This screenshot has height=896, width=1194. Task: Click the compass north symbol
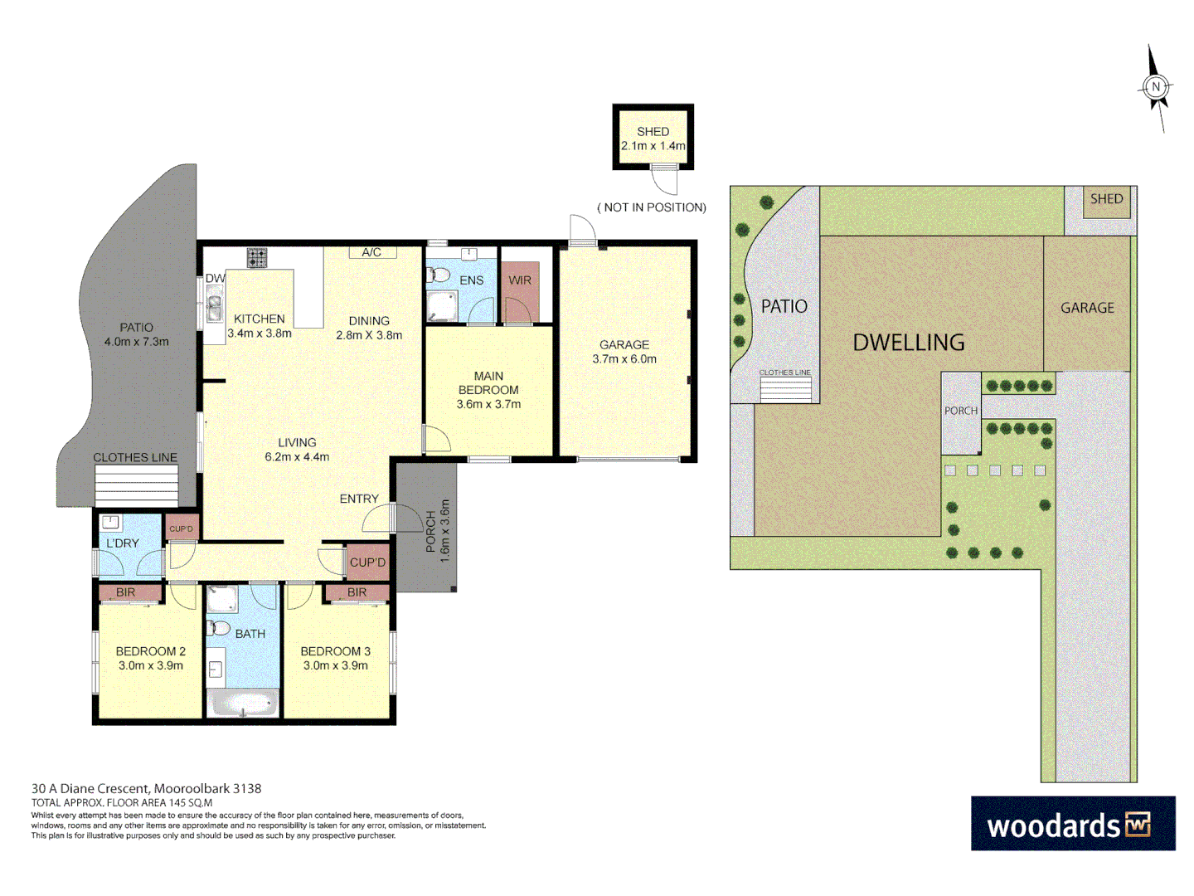[x=1156, y=87]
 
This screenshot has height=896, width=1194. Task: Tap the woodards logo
[x=1072, y=824]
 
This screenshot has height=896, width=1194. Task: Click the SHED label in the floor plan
[x=653, y=131]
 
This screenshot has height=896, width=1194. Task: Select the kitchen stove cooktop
[x=257, y=258]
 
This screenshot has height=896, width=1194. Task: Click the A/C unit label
[x=371, y=252]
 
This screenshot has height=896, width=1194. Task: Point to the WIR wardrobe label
[x=520, y=280]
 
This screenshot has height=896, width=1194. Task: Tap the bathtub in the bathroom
[x=243, y=704]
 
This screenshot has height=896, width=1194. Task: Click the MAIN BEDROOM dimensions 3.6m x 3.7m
[x=488, y=404]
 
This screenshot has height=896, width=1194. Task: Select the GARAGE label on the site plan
[x=1087, y=308]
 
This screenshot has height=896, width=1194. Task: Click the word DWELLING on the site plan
[x=909, y=342]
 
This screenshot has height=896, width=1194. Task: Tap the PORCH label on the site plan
[x=961, y=411]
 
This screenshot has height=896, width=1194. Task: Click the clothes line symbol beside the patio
[x=137, y=485]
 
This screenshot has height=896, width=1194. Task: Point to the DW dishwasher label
[x=215, y=279]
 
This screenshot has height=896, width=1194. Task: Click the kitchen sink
[x=215, y=309]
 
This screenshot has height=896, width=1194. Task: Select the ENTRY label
[x=359, y=499]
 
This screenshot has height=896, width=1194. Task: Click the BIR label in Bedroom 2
[x=125, y=592]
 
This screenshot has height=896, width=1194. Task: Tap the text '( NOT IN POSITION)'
[x=652, y=207]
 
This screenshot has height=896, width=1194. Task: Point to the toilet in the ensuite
[x=438, y=275]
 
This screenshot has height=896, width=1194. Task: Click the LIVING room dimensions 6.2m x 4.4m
[x=297, y=456]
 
